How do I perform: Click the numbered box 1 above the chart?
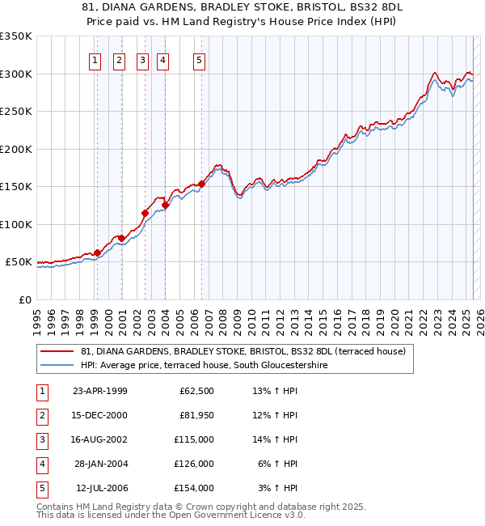click(95, 59)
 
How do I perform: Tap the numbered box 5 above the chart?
click(199, 59)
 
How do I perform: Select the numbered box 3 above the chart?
click(142, 59)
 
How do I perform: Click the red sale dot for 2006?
click(201, 184)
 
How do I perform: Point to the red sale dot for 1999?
click(97, 252)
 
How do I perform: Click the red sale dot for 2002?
click(145, 214)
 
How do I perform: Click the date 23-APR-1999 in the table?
click(100, 391)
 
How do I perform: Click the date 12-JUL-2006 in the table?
click(102, 488)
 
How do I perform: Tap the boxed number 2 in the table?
click(40, 415)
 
